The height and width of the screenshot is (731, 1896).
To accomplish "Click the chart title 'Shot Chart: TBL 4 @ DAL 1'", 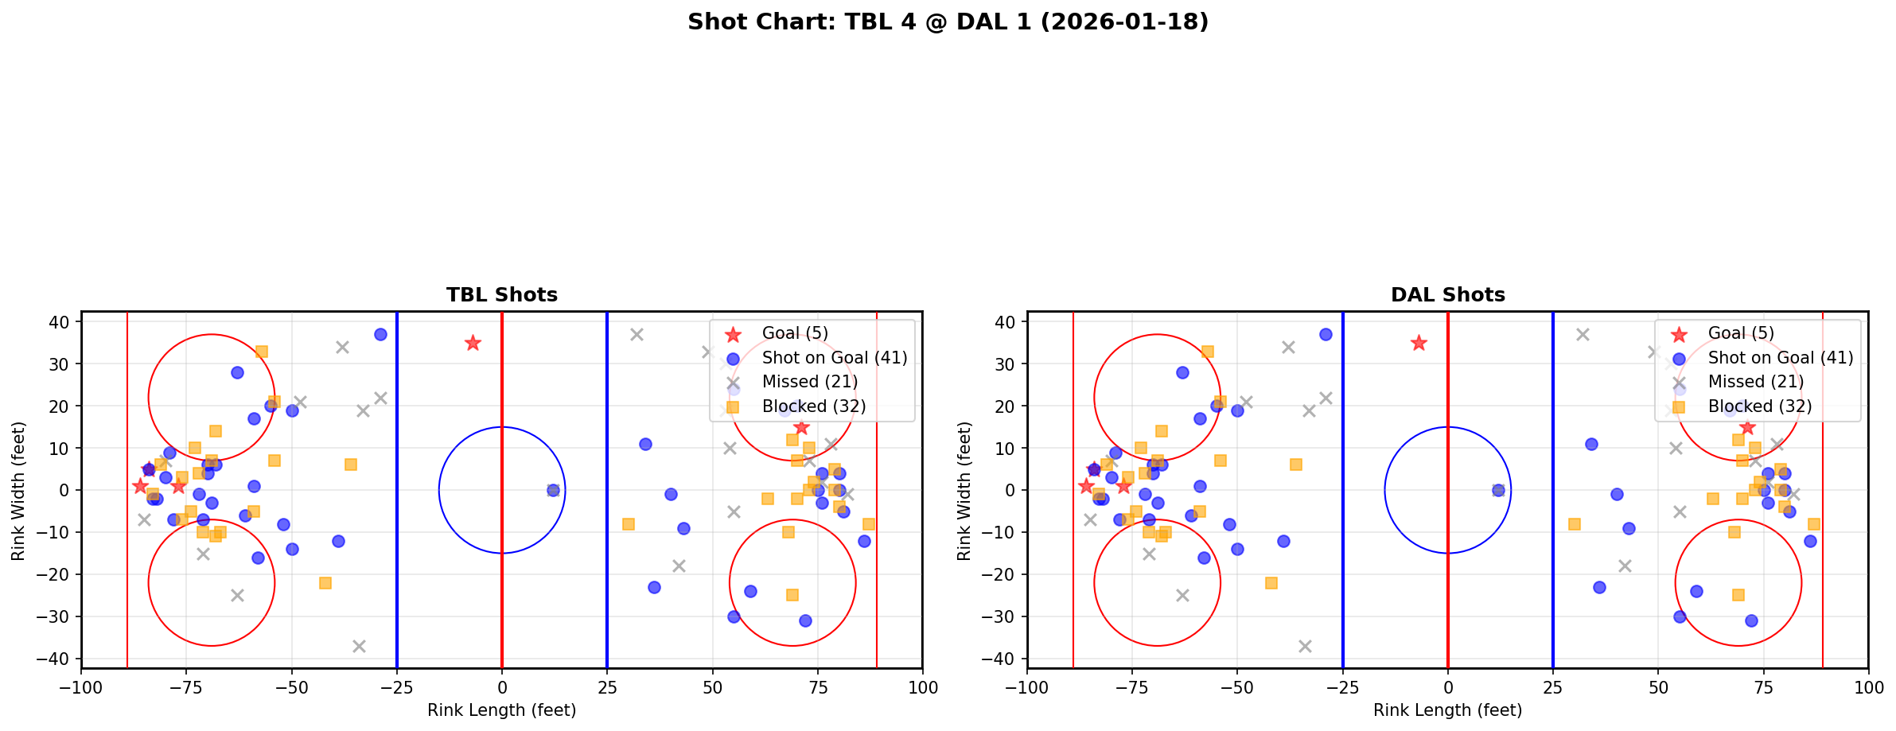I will pos(948,22).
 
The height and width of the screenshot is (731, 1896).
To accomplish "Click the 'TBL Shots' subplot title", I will pos(501,295).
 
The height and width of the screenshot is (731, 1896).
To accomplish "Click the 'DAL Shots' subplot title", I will pos(1447,295).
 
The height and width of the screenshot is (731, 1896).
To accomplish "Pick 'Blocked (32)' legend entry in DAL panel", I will pos(1759,406).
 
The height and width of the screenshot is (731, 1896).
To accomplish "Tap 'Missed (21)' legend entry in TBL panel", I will pos(809,382).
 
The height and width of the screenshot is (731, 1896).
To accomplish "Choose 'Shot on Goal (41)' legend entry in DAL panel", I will pos(1780,358).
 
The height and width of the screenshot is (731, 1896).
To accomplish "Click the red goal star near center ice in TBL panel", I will pos(473,343).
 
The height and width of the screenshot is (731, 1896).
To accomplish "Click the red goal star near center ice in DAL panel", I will pos(1419,343).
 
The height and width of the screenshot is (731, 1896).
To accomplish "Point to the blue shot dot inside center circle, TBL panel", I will pos(553,490).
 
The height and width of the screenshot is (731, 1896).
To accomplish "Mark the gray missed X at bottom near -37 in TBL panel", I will pos(359,646).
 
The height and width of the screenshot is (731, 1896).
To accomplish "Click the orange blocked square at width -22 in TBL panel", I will pos(325,583).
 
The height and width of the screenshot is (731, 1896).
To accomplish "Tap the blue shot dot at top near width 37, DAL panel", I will pos(1326,335).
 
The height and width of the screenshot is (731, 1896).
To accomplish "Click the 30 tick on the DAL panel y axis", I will pos(1009,364).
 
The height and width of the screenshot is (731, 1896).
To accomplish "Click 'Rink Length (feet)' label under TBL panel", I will pos(501,710).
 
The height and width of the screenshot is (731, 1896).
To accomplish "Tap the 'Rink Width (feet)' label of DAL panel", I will pos(964,491).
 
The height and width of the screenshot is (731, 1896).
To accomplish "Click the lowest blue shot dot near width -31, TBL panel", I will pos(805,620).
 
